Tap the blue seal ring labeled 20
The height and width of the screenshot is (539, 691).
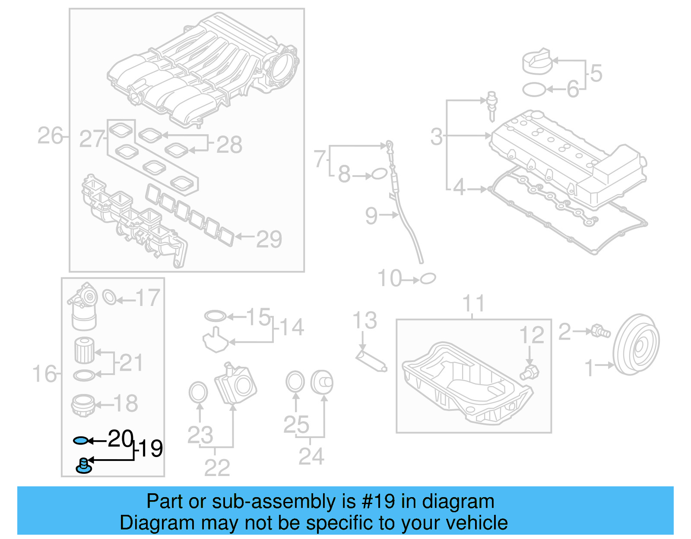click(x=81, y=440)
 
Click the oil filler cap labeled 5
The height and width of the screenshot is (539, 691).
click(x=536, y=62)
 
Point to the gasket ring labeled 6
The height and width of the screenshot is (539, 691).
click(x=534, y=90)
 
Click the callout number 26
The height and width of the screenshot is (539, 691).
click(x=50, y=136)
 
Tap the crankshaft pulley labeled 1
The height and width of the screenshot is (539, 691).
click(x=637, y=345)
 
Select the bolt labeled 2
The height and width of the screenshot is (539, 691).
click(x=600, y=331)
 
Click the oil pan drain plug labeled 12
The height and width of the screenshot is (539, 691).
click(x=530, y=372)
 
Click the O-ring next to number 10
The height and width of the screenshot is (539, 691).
click(x=428, y=279)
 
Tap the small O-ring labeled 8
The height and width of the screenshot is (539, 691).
click(x=379, y=174)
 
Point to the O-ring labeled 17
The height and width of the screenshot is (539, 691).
click(x=110, y=297)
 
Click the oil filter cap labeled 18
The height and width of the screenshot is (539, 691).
click(x=83, y=405)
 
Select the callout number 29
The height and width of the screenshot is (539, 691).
click(x=269, y=239)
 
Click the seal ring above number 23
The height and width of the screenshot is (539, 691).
click(x=198, y=392)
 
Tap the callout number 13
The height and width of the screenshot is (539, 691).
click(x=365, y=320)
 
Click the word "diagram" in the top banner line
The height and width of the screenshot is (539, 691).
click(x=458, y=501)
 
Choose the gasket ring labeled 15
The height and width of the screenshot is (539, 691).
click(x=215, y=316)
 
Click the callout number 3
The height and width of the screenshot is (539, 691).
click(x=437, y=136)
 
